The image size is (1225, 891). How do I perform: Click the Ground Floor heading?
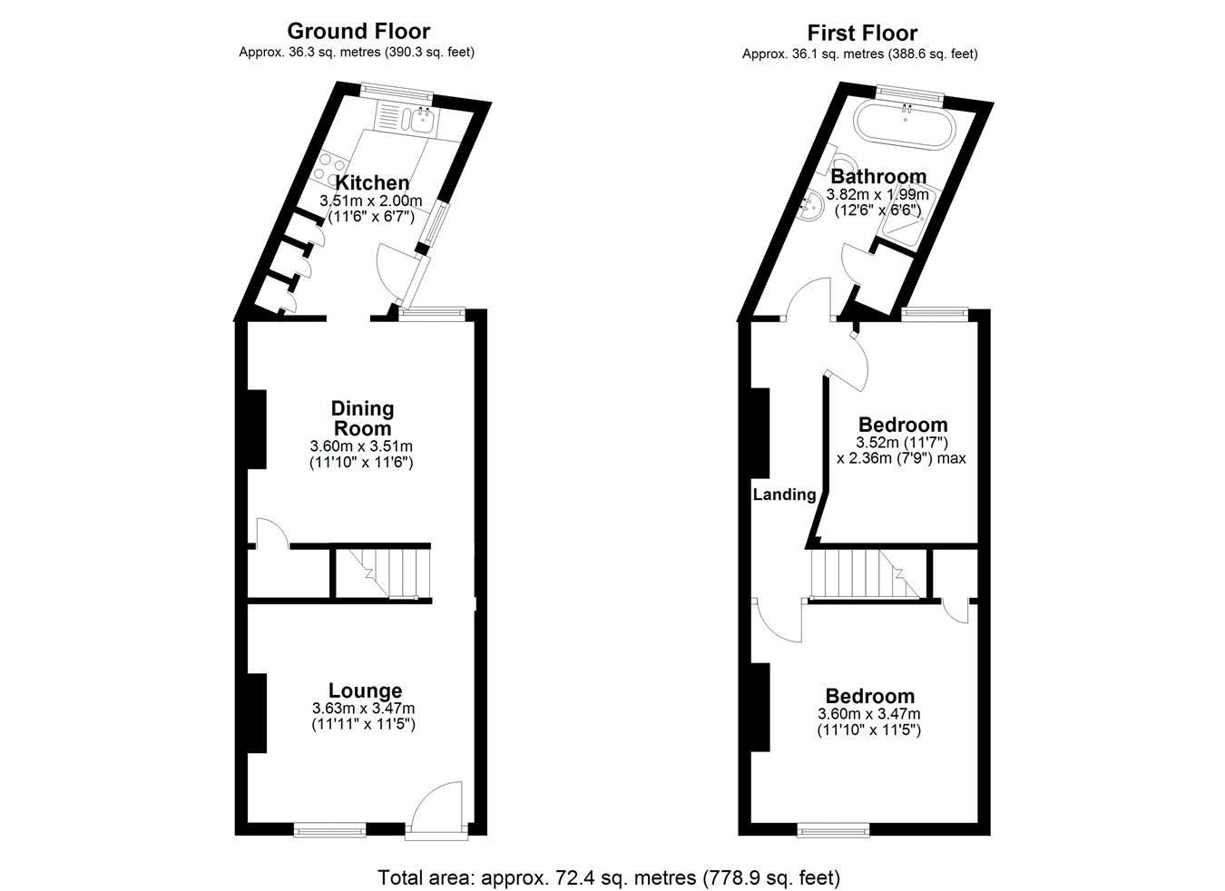click(358, 31)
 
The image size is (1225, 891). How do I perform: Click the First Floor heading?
click(862, 34)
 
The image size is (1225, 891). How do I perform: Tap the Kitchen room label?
click(372, 182)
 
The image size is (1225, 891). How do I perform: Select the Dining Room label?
click(362, 418)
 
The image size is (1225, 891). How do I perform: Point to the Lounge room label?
click(365, 691)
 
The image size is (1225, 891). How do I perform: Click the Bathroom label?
click(878, 177)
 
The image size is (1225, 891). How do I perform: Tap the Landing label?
click(784, 494)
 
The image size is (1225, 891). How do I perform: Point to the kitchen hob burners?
click(330, 167)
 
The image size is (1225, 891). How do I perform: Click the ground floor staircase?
click(383, 573)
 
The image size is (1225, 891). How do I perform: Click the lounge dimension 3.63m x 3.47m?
click(364, 709)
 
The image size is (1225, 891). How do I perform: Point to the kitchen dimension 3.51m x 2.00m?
click(371, 201)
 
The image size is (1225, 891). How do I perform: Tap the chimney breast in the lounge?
click(257, 713)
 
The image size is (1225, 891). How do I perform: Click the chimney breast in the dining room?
click(257, 429)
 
